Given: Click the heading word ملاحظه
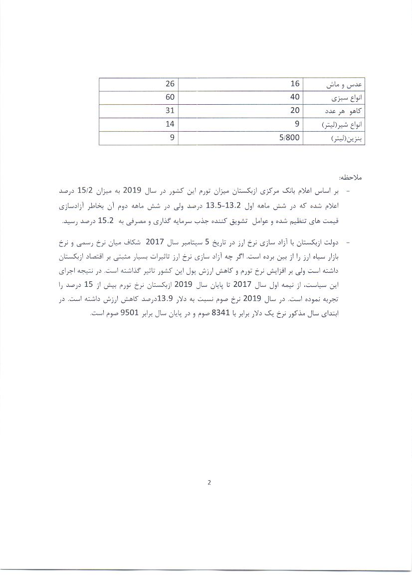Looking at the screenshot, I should [351, 178].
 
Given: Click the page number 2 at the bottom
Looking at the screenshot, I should [209, 482].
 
